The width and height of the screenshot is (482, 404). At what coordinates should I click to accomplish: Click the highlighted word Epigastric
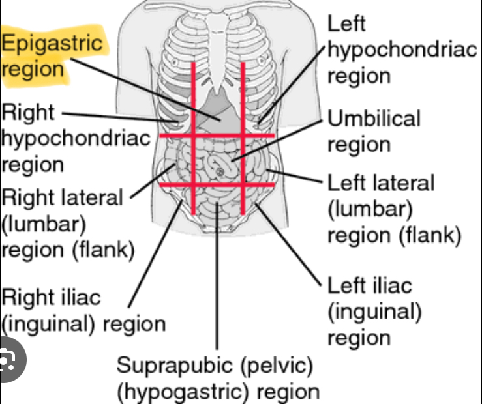[52, 43]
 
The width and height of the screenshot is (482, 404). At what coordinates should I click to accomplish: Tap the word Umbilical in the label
[374, 119]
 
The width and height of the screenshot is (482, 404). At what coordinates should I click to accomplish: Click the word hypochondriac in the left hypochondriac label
[402, 50]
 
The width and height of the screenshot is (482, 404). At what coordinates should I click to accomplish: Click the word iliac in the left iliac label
[387, 286]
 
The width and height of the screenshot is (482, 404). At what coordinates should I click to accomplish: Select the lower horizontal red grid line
[215, 184]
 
